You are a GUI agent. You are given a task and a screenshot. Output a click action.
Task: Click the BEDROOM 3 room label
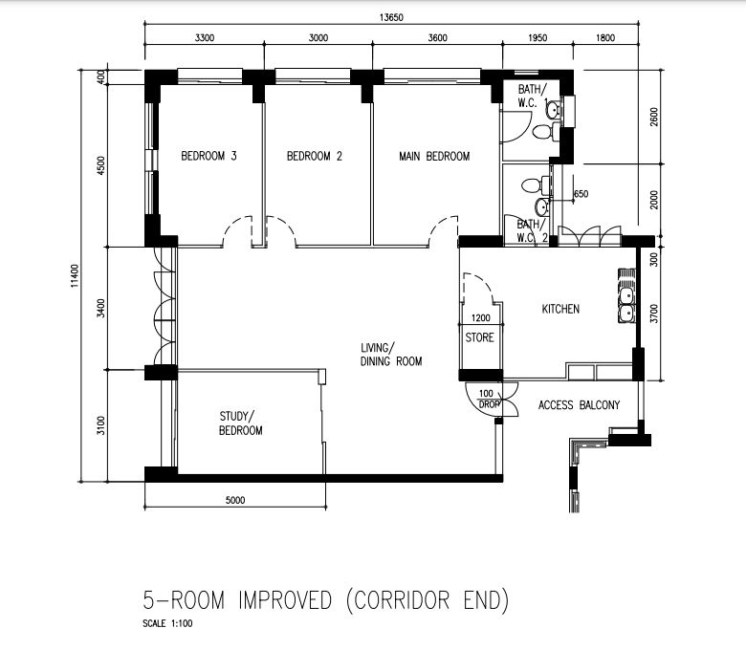(x=208, y=156)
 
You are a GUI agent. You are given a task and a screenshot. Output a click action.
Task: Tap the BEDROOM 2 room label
(x=315, y=156)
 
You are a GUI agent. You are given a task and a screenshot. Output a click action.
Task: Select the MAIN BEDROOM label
(x=434, y=156)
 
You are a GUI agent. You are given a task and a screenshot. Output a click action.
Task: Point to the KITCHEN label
(x=560, y=309)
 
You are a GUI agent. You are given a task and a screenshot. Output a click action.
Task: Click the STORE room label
(x=479, y=337)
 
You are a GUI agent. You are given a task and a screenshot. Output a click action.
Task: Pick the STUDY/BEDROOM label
(x=240, y=423)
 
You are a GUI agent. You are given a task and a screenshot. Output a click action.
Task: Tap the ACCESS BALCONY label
(x=579, y=405)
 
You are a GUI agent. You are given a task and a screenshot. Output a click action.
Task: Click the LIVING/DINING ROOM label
(x=391, y=355)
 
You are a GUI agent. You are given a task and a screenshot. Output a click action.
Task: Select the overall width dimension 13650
(x=391, y=17)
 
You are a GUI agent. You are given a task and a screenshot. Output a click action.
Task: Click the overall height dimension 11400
(x=75, y=276)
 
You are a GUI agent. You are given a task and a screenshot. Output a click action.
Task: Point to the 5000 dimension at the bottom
(x=235, y=500)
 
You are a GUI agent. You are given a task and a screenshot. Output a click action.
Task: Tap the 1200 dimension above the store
(x=480, y=317)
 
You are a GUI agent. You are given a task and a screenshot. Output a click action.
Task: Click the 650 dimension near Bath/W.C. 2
(x=581, y=194)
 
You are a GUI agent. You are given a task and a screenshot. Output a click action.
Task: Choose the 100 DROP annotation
(x=487, y=399)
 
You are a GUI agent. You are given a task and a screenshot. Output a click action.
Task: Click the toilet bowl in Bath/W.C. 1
(x=544, y=131)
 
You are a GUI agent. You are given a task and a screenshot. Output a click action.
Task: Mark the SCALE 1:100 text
(x=167, y=623)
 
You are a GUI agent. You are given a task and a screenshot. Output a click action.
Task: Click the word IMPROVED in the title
(x=284, y=599)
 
